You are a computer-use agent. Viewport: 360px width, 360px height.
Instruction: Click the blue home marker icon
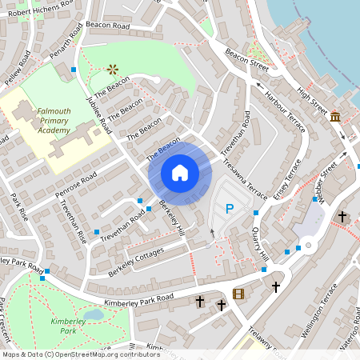pos(180,173)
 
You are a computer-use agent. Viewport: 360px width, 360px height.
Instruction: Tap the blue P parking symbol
pos(229,210)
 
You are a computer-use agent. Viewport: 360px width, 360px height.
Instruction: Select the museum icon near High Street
pos(335,117)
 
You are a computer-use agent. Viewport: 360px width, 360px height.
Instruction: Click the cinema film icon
pos(238,294)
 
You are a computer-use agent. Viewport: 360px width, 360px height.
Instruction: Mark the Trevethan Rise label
pos(73,221)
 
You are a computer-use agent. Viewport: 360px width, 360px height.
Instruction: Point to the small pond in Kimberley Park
pos(94,314)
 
